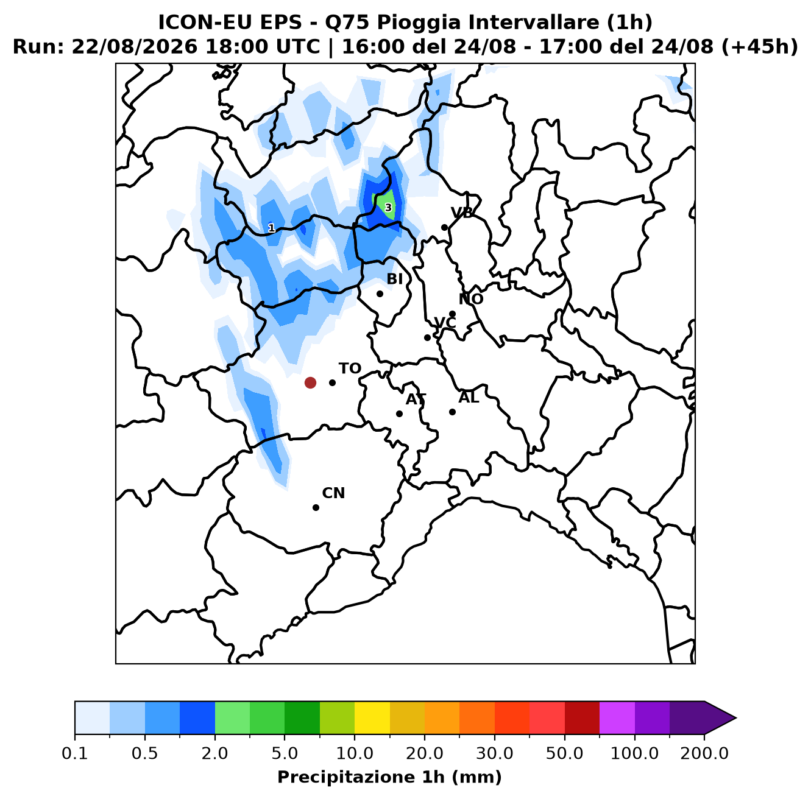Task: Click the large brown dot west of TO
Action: tap(310, 382)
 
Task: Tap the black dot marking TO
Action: tap(332, 382)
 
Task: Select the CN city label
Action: tap(333, 493)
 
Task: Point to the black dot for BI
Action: tap(380, 294)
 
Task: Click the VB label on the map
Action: tap(462, 213)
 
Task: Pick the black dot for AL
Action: tap(452, 412)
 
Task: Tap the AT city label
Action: tap(416, 399)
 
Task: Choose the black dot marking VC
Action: tap(427, 337)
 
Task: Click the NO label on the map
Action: tap(470, 299)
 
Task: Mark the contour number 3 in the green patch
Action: tap(388, 208)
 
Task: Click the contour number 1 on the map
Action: tap(272, 228)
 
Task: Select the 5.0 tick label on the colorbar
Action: tap(285, 753)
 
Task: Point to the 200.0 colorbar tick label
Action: tap(704, 753)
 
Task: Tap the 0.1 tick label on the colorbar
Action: tap(75, 753)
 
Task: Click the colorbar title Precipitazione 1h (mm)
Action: tap(389, 777)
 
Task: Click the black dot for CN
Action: tap(316, 507)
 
